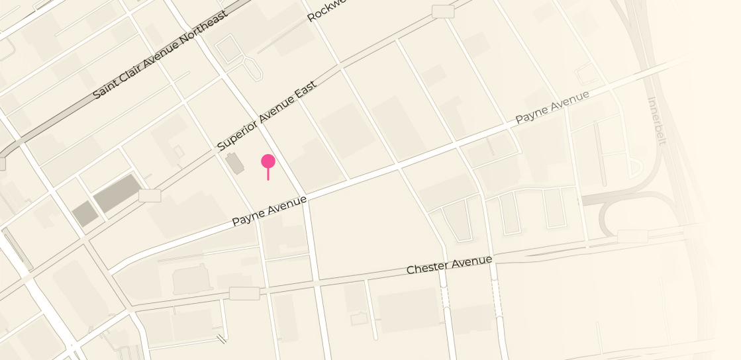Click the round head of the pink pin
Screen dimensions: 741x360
(x=268, y=161)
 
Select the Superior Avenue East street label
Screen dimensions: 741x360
(x=267, y=116)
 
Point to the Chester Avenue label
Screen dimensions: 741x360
(x=449, y=265)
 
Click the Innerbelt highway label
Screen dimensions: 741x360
(x=658, y=121)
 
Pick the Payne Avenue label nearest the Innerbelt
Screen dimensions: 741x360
(x=552, y=107)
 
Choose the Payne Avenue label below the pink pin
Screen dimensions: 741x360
(x=270, y=210)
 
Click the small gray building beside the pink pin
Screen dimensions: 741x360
(x=234, y=163)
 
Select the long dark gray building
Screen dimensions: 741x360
(x=117, y=193)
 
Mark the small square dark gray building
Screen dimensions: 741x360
(x=85, y=214)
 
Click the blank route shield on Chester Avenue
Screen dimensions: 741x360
(x=244, y=293)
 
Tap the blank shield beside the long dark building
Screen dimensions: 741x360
(x=150, y=195)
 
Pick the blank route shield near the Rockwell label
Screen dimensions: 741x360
(x=442, y=11)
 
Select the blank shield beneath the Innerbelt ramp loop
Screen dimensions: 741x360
(x=632, y=236)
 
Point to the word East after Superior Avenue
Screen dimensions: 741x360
(x=305, y=93)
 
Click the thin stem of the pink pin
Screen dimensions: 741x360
(x=268, y=174)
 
